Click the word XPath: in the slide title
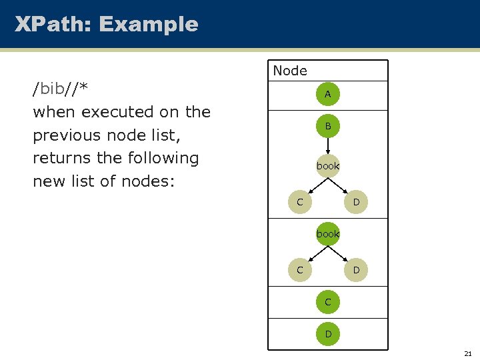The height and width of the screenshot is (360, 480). click(x=53, y=25)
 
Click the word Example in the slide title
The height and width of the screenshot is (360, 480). click(x=148, y=25)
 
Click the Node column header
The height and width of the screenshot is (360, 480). click(x=290, y=71)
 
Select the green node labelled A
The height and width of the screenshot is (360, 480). click(x=327, y=95)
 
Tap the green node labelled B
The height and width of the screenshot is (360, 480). click(x=327, y=126)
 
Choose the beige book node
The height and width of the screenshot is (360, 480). click(x=327, y=165)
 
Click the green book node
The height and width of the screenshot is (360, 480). click(x=327, y=234)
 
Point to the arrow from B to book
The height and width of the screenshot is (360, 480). click(x=327, y=145)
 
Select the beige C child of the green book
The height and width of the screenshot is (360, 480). click(x=300, y=270)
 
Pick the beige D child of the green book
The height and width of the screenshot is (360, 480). click(x=356, y=270)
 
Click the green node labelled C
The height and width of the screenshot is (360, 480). click(x=327, y=302)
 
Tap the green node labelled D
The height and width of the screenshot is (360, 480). click(x=327, y=333)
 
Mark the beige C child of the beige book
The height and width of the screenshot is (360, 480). click(x=300, y=201)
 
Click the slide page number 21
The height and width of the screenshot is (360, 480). click(x=467, y=353)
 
